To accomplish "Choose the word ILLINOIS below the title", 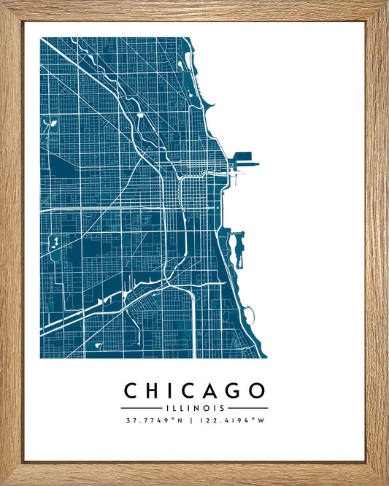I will [x=194, y=408].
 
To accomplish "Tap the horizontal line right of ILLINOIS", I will [x=247, y=408].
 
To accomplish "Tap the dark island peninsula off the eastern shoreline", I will [x=236, y=247].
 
